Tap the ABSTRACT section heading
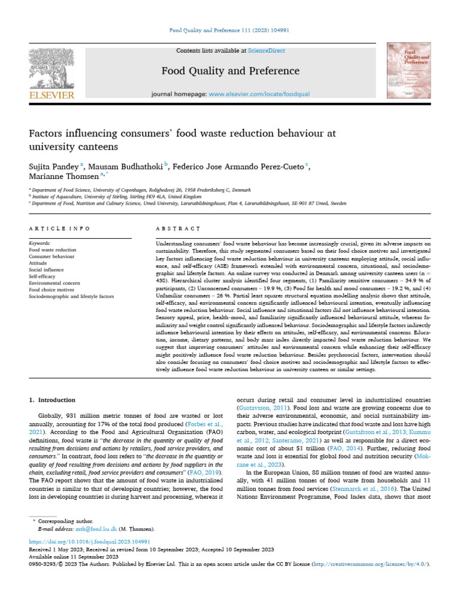[x=177, y=229]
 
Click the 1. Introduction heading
[x=57, y=399]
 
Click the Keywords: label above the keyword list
[x=40, y=243]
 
